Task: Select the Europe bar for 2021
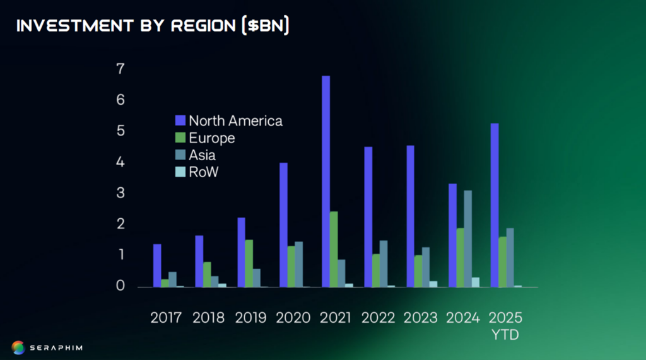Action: coord(333,249)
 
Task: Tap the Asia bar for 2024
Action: coord(467,238)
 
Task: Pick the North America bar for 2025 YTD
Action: coord(495,205)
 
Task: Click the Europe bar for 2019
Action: coord(249,263)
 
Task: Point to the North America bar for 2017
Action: coord(157,265)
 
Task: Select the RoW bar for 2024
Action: coord(475,282)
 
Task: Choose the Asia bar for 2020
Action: coord(298,264)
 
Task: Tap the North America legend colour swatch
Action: coord(180,120)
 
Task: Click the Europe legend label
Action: coord(212,138)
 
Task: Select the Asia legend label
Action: coord(203,155)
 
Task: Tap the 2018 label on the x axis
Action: coord(208,317)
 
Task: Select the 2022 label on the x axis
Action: coord(378,317)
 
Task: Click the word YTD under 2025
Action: coord(505,335)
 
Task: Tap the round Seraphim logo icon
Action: coord(18,347)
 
